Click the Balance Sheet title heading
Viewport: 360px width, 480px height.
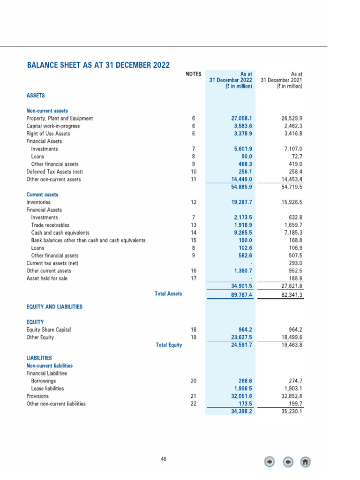pos(98,65)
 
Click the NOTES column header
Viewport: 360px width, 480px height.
pos(193,74)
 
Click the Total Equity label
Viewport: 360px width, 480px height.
pos(169,345)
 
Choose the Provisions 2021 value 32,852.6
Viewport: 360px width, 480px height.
pos(290,396)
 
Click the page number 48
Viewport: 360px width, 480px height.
pos(163,459)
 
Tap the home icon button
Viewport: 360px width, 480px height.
pos(305,462)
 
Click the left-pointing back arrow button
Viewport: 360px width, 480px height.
pos(270,462)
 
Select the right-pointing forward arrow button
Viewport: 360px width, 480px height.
pos(287,462)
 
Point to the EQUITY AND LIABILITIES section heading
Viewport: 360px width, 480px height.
pos(54,307)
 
